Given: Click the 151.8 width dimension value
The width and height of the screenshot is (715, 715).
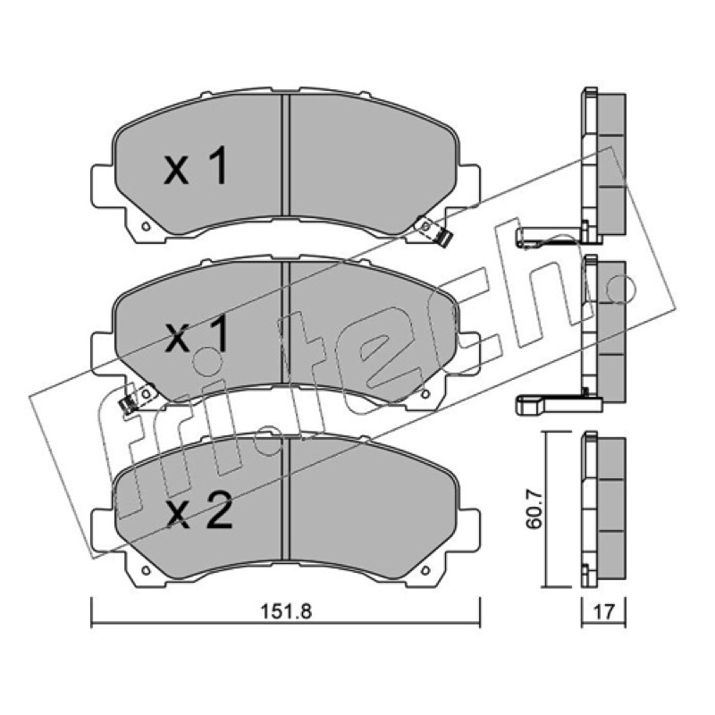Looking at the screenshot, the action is pyautogui.click(x=286, y=611).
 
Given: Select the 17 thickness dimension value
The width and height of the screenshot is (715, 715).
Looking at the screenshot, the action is pyautogui.click(x=604, y=611).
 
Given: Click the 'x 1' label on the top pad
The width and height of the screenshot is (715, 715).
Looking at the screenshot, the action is pyautogui.click(x=196, y=165).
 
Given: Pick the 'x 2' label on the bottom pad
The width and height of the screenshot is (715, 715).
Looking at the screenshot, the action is pyautogui.click(x=198, y=510).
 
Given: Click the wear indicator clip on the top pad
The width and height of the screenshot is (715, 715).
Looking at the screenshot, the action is pyautogui.click(x=435, y=231).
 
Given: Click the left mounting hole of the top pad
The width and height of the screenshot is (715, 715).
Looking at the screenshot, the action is pyautogui.click(x=146, y=226).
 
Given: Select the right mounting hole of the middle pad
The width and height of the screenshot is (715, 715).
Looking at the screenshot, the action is pyautogui.click(x=426, y=394).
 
